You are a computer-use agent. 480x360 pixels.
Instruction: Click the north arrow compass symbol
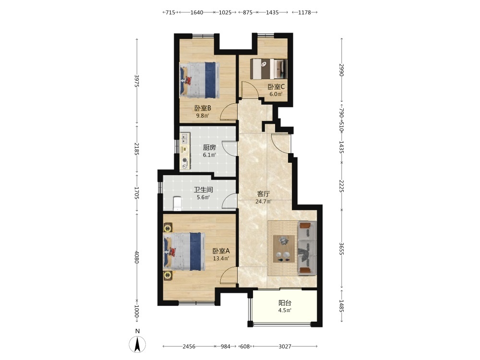point(137,344)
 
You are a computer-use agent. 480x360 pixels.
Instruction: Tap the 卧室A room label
point(221,251)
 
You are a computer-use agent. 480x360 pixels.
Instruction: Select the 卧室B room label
point(203,108)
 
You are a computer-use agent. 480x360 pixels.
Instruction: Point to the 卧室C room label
point(276,86)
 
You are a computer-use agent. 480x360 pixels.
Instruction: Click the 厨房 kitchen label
point(209,147)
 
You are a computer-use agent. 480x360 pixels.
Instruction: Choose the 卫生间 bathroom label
point(203,190)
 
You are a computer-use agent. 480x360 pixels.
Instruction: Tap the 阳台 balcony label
point(285,303)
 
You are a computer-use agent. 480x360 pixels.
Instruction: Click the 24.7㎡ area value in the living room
point(263,202)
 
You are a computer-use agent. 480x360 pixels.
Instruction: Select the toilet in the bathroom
point(177,203)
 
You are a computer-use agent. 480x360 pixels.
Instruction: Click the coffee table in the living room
point(284,249)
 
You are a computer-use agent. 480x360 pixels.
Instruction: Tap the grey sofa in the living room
point(307,248)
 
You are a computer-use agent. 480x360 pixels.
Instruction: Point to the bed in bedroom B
point(200,80)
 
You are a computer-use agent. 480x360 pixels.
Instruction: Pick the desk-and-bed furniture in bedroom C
point(268,69)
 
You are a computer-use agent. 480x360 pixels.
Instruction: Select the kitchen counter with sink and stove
point(185,151)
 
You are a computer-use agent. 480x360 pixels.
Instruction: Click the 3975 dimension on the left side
point(137,81)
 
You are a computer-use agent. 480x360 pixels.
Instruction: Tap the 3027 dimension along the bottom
point(285,346)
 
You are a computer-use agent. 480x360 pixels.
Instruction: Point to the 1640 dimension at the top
point(196,12)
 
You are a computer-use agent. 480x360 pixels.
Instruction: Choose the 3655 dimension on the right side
point(342,249)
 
